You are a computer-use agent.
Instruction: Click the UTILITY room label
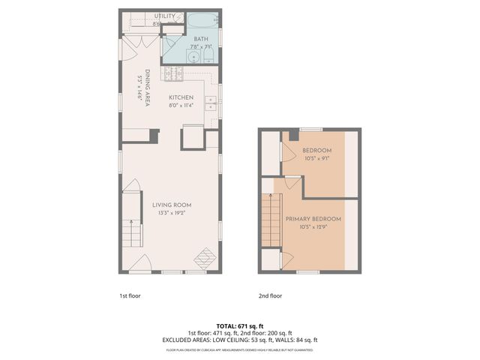pyautogui.click(x=165, y=16)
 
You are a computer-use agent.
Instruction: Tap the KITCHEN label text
pyautogui.click(x=181, y=97)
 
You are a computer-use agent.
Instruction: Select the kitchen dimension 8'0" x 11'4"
pyautogui.click(x=181, y=106)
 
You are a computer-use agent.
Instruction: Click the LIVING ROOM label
pyautogui.click(x=172, y=205)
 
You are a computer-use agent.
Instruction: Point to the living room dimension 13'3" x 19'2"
pyautogui.click(x=172, y=213)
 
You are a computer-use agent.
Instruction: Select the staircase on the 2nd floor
pyautogui.click(x=271, y=219)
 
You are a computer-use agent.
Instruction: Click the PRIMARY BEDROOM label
pyautogui.click(x=313, y=218)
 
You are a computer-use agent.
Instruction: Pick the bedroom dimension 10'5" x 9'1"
pyautogui.click(x=317, y=158)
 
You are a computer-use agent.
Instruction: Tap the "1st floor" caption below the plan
pyautogui.click(x=130, y=295)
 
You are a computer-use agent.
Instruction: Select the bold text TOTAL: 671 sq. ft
pyautogui.click(x=240, y=325)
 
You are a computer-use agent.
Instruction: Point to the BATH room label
pyautogui.click(x=201, y=38)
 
